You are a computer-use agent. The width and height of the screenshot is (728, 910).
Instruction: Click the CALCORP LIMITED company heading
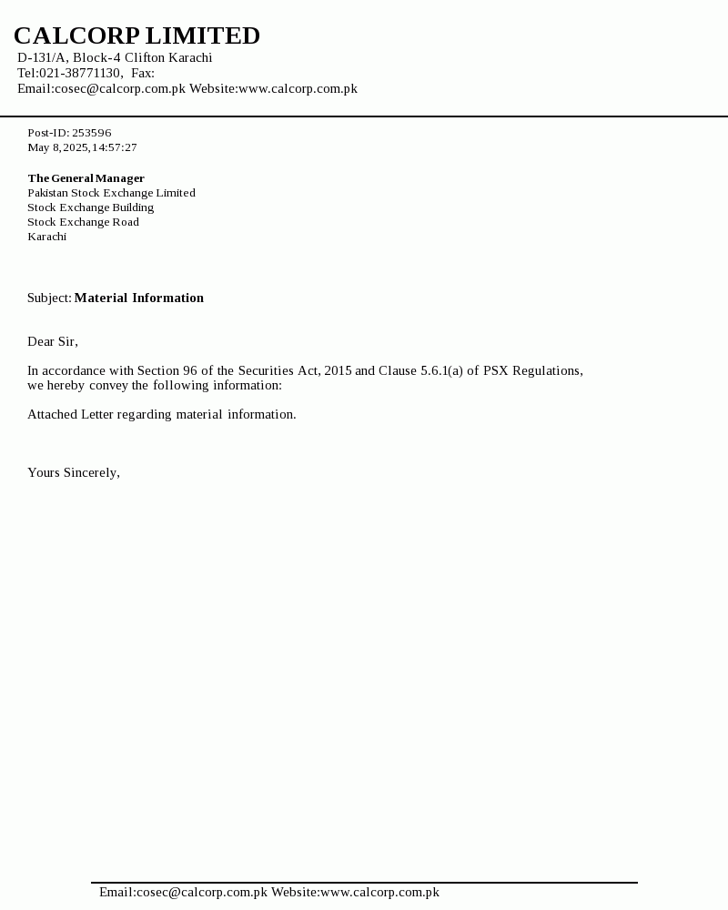[x=136, y=35]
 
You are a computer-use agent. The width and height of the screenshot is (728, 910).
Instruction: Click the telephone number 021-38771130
[x=80, y=73]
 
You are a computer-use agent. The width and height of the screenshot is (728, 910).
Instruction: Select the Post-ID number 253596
[x=91, y=133]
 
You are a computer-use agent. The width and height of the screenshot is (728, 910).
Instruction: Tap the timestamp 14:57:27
[x=114, y=147]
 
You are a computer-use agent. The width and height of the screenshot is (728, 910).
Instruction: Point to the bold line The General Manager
[x=86, y=178]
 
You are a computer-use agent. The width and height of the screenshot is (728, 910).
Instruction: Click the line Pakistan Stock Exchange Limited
[x=111, y=193]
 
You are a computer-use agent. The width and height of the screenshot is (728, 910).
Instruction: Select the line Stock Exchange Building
[x=90, y=207]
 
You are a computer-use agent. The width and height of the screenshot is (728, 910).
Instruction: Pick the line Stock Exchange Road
[x=83, y=222]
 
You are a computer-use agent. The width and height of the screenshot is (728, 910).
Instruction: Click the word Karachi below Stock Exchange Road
[x=46, y=237]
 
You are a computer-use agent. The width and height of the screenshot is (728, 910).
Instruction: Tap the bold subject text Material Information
[x=138, y=298]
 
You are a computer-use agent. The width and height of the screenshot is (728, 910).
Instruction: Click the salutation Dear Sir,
[x=53, y=341]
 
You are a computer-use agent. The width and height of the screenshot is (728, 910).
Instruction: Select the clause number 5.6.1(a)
[x=441, y=370]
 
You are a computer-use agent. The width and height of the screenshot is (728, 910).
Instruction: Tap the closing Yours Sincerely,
[x=74, y=472]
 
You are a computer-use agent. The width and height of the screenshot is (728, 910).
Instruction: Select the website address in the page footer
[x=379, y=892]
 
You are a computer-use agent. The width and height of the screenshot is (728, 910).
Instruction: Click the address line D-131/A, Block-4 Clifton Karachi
[x=115, y=57]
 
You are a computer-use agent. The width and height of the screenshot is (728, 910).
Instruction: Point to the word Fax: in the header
[x=143, y=73]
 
